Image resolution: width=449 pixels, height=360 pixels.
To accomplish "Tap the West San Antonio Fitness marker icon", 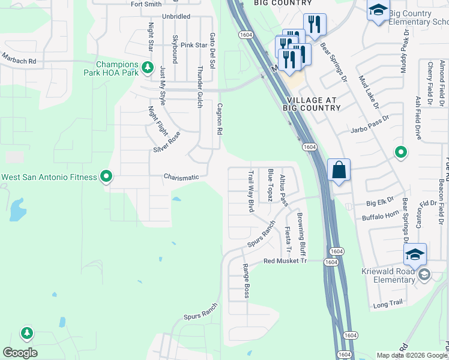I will [x=106, y=176].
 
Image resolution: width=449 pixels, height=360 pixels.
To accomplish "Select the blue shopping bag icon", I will [x=339, y=170].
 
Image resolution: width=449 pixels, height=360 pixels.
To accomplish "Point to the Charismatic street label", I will [x=181, y=177].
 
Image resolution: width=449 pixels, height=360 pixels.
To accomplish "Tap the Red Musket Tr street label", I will [x=285, y=262].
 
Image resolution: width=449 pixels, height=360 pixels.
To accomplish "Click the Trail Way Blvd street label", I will [x=252, y=191].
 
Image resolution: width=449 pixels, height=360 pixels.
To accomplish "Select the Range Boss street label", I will [x=246, y=281].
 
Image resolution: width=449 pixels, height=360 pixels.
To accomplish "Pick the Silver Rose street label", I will [x=166, y=142].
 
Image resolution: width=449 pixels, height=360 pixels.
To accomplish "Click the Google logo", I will [x=20, y=353].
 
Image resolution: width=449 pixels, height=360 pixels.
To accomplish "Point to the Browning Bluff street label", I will [x=302, y=235].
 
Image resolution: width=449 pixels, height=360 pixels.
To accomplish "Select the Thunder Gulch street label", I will [x=199, y=88].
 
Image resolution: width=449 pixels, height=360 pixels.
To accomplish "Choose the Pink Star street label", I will [x=194, y=45].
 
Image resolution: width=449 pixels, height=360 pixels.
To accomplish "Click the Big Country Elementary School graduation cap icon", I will [x=378, y=10].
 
